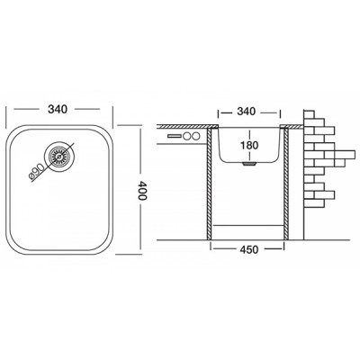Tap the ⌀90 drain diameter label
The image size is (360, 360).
point(47,167)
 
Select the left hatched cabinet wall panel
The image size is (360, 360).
point(210,184)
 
